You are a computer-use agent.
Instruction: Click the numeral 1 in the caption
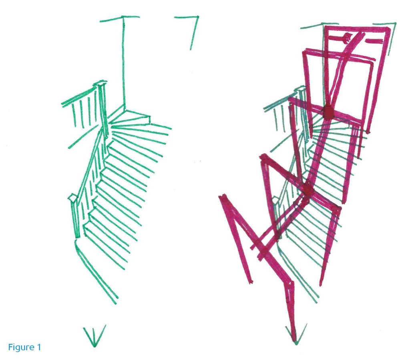point(39,347)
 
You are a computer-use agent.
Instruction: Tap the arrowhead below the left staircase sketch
point(94,337)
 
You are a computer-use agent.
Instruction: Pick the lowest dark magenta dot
point(265,250)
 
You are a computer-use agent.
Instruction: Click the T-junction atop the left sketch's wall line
point(123,18)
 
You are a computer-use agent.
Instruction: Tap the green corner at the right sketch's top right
point(395,24)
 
